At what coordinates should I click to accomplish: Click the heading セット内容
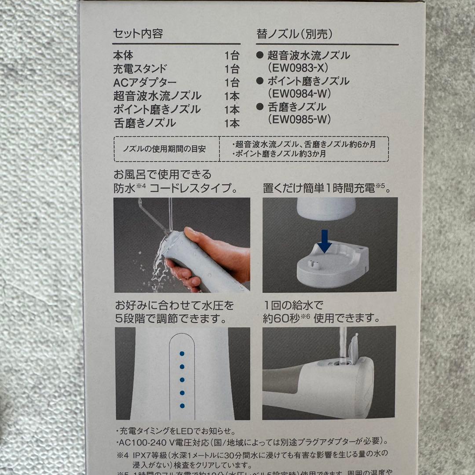[x=138, y=33]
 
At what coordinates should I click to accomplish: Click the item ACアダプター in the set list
[x=139, y=82]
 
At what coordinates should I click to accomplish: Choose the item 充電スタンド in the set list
[x=140, y=69]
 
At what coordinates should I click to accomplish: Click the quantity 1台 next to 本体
[x=232, y=55]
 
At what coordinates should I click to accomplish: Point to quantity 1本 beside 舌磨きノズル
[x=232, y=123]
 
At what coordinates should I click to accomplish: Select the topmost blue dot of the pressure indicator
[x=182, y=353]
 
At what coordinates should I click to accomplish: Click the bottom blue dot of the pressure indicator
[x=182, y=406]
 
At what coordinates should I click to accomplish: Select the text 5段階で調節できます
[x=172, y=318]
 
